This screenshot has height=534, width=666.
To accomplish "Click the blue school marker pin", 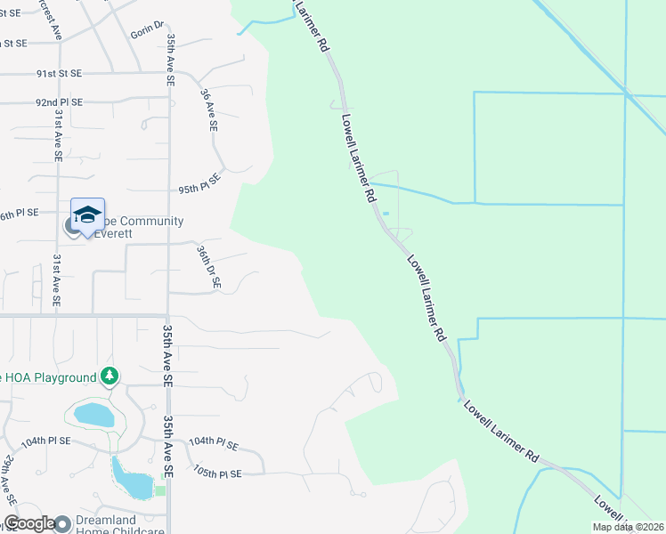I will pyautogui.click(x=87, y=216).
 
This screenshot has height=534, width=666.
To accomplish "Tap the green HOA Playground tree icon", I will pyautogui.click(x=110, y=376).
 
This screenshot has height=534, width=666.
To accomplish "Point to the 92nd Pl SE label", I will pyautogui.click(x=60, y=102).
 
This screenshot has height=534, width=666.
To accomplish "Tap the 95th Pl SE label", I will pyautogui.click(x=199, y=189).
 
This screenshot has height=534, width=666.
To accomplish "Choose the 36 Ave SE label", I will pyautogui.click(x=209, y=110).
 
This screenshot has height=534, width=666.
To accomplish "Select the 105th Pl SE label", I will pyautogui.click(x=217, y=473).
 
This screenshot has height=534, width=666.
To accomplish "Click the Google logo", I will pyautogui.click(x=29, y=523).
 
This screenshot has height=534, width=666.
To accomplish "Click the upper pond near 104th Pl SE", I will pyautogui.click(x=90, y=414).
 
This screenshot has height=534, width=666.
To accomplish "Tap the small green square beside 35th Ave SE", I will pyautogui.click(x=160, y=490).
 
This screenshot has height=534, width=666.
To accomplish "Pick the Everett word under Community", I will pyautogui.click(x=120, y=233).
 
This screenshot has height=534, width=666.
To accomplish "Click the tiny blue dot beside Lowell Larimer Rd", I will pyautogui.click(x=386, y=214).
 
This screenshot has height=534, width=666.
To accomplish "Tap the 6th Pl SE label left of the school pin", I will pyautogui.click(x=19, y=213).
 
